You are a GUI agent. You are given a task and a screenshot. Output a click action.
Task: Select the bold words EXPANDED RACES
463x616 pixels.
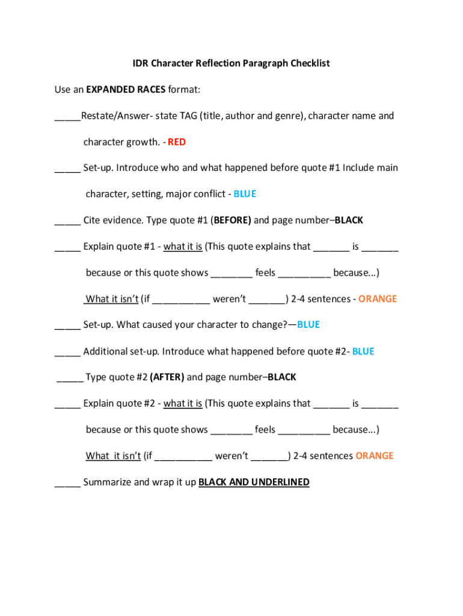click(126, 90)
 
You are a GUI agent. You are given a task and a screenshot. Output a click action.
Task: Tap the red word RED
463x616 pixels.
click(177, 142)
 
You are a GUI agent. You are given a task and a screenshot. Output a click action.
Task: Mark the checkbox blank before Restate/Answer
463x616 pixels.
click(67, 116)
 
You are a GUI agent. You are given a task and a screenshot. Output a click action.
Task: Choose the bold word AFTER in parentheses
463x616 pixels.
click(167, 377)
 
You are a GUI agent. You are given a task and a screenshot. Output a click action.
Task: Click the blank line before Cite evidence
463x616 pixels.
click(67, 221)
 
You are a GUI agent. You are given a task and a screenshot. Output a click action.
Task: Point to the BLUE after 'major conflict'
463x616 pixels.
click(245, 194)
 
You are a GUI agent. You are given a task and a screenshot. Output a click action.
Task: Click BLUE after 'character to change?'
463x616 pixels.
click(308, 325)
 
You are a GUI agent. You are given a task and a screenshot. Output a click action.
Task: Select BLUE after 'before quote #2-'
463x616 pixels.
click(363, 351)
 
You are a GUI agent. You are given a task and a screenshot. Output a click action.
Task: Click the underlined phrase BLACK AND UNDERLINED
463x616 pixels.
click(254, 482)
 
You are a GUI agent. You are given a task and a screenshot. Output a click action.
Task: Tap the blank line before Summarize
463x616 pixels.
click(67, 482)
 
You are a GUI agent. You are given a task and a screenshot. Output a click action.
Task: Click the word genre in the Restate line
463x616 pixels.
click(289, 115)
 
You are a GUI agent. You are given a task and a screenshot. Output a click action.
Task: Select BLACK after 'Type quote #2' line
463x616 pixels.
click(282, 377)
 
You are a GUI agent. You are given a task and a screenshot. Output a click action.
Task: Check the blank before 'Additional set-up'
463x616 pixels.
click(67, 352)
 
